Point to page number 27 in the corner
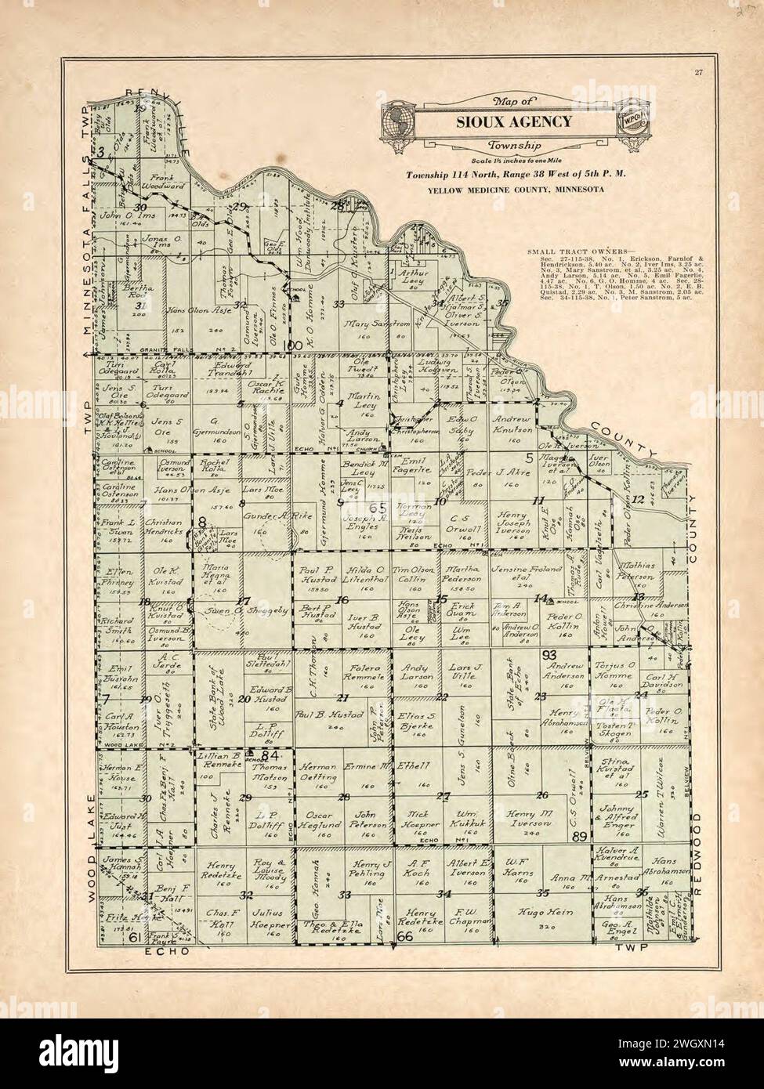pyautogui.click(x=697, y=74)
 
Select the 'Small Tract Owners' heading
pyautogui.click(x=563, y=251)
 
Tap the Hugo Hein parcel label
pyautogui.click(x=537, y=913)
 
